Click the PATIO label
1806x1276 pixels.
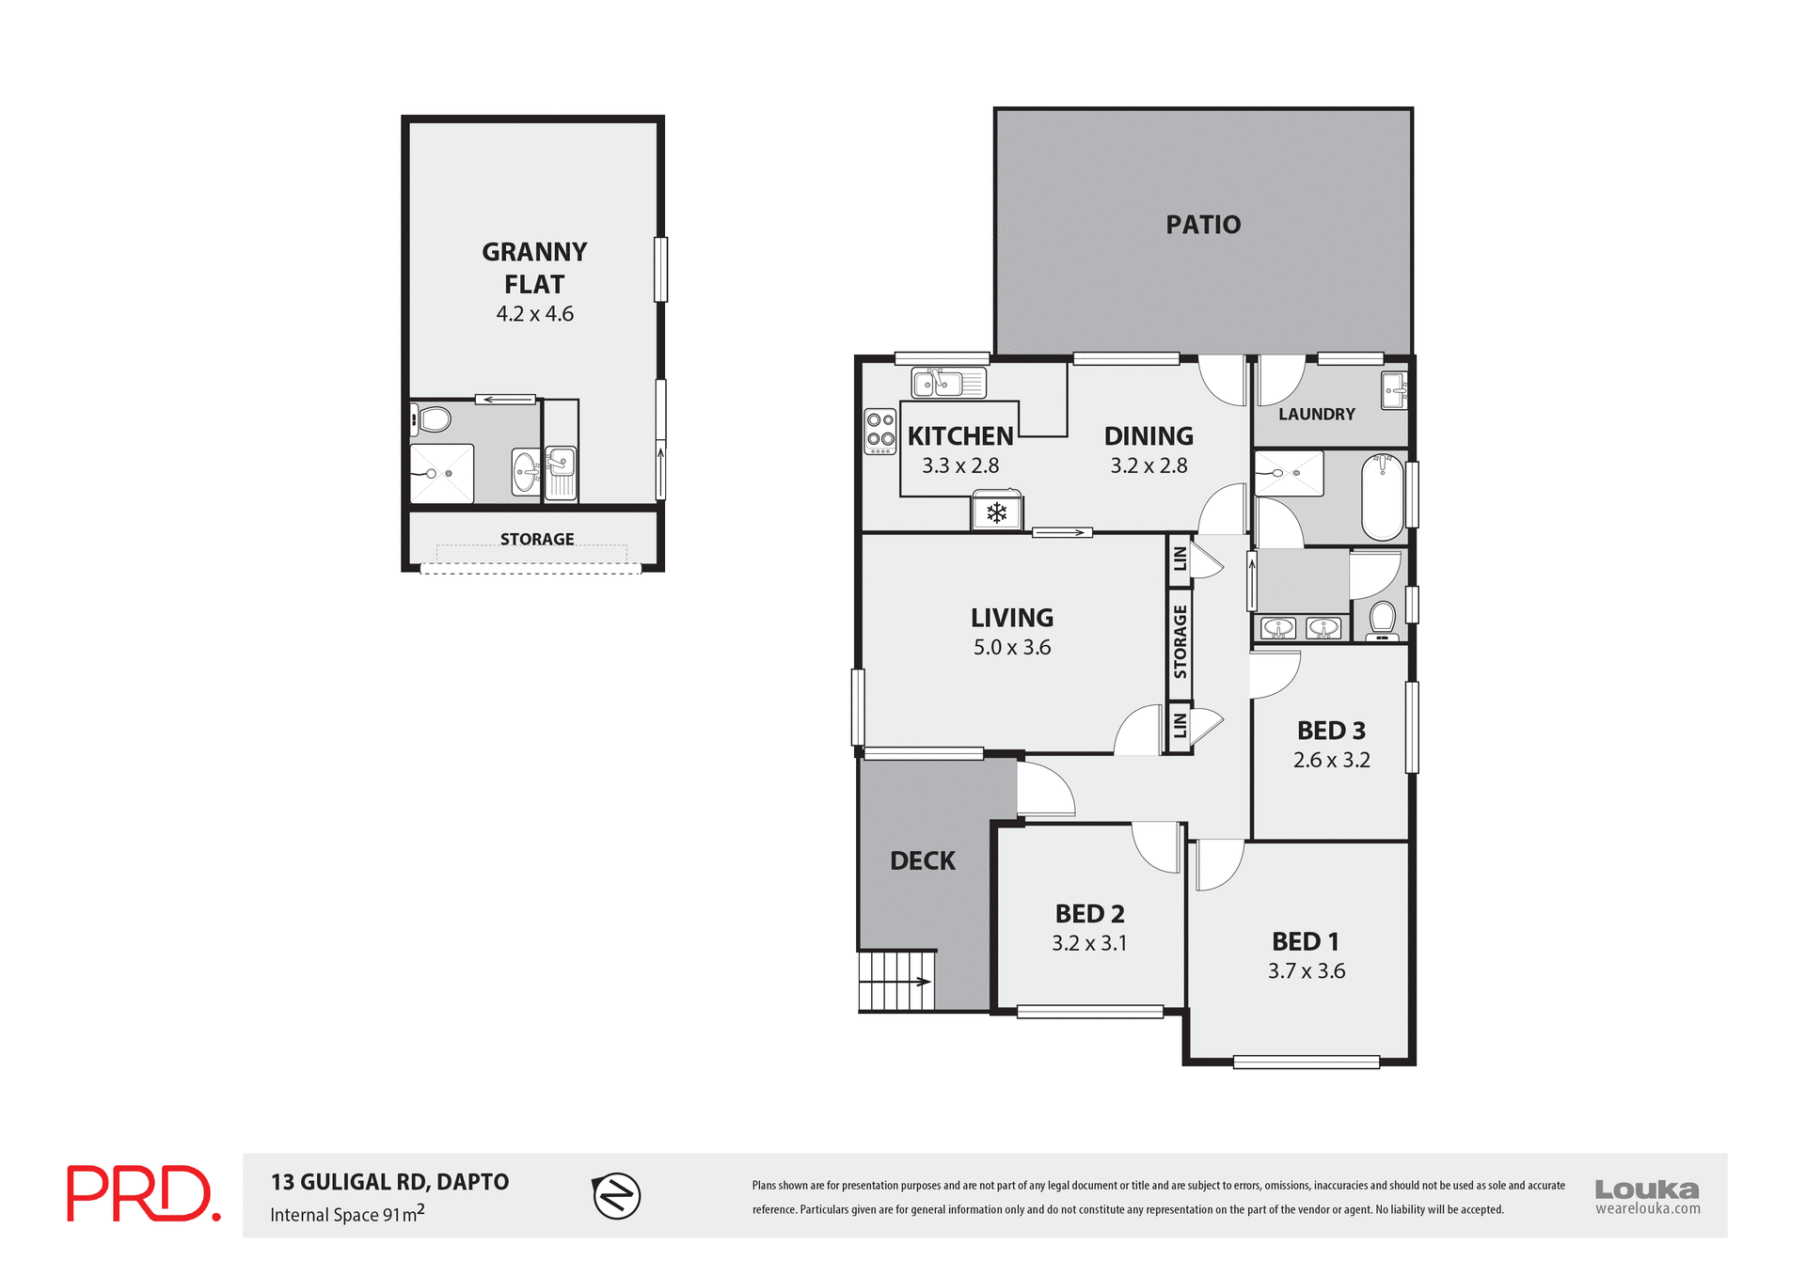(1203, 225)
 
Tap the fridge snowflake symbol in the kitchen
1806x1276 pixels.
(996, 513)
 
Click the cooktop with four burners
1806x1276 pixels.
(880, 432)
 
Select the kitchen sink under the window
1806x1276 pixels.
(947, 383)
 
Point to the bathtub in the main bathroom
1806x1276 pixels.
(1382, 496)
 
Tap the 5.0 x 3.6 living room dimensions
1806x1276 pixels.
(1011, 647)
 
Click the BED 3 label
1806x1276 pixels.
(1330, 731)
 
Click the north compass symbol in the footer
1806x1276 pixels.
(616, 1196)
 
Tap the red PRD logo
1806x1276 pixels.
(143, 1193)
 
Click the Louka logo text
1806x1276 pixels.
(1646, 1189)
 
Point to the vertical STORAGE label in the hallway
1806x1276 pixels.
(1180, 642)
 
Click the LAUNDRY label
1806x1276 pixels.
(1316, 414)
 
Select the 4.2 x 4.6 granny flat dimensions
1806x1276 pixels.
(534, 314)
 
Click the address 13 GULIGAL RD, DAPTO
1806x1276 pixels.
(389, 1182)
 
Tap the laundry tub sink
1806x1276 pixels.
(1394, 390)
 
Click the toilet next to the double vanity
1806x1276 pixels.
(1382, 621)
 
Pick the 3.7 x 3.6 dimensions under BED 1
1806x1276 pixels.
(1306, 971)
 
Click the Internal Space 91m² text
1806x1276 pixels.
(347, 1214)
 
